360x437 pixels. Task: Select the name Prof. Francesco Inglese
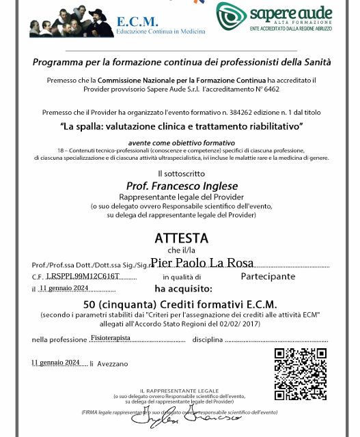coord(181,185)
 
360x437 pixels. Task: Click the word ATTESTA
coord(181,238)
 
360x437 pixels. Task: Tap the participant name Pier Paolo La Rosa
coord(202,263)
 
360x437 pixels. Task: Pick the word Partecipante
coord(268,277)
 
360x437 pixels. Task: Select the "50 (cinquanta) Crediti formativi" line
coord(181,304)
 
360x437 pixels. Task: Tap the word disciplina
coord(207,339)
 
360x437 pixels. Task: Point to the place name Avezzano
coord(113,364)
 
